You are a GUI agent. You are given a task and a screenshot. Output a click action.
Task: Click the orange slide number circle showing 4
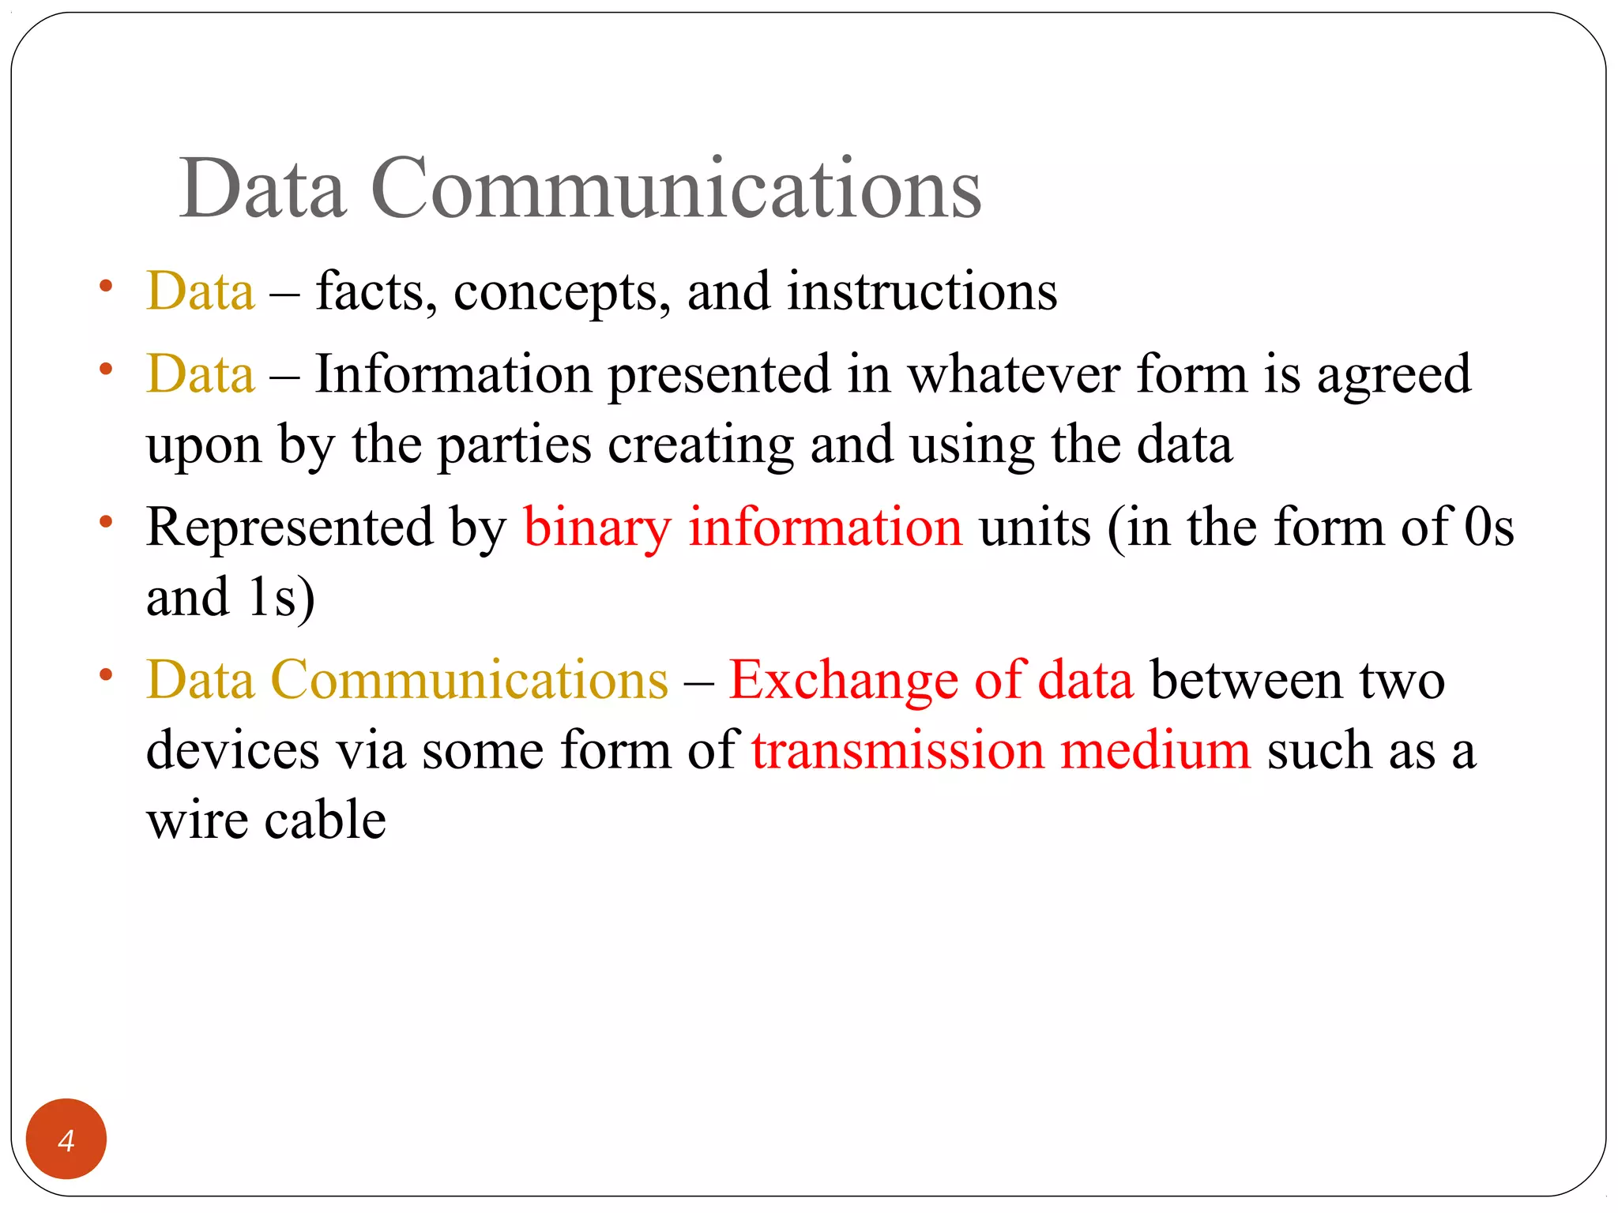coord(66,1139)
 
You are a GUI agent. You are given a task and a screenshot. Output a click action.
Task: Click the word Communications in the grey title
coord(675,189)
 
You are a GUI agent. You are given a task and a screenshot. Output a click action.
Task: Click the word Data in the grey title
coord(262,189)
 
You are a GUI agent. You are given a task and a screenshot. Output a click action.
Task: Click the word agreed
coord(1394,376)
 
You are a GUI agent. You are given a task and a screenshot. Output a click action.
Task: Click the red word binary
coord(596,528)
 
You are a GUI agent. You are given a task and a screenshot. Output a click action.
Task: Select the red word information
coord(825,527)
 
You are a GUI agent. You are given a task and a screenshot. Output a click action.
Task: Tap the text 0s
coord(1488,527)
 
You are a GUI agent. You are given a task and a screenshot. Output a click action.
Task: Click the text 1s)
coord(281,597)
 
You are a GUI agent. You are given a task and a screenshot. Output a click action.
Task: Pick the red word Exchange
coord(842,681)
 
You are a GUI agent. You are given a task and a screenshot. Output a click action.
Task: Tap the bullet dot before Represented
coord(106,521)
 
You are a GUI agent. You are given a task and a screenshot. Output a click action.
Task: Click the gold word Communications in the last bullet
coord(469,680)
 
